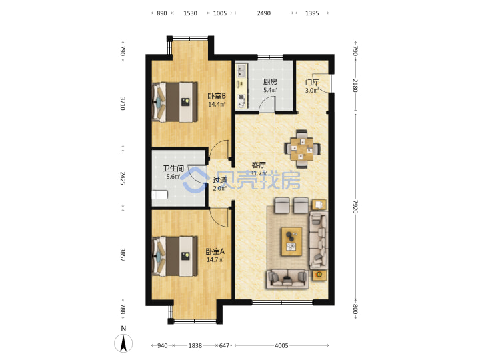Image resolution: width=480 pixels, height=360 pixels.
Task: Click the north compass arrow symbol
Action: pyautogui.click(x=123, y=343)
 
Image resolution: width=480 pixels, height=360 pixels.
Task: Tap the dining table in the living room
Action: pyautogui.click(x=302, y=149)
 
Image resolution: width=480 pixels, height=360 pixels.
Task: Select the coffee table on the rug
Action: pyautogui.click(x=291, y=241)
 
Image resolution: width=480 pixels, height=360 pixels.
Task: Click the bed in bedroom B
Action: pyautogui.click(x=175, y=101)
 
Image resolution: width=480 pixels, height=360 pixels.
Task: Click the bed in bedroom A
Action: pyautogui.click(x=175, y=256)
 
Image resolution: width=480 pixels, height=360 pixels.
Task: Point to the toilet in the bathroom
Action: pyautogui.click(x=160, y=195)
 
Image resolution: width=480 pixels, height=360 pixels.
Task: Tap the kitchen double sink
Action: pyautogui.click(x=241, y=71)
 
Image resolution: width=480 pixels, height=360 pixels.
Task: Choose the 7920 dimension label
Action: pyautogui.click(x=355, y=207)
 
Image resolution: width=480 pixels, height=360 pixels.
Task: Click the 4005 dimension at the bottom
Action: pyautogui.click(x=281, y=345)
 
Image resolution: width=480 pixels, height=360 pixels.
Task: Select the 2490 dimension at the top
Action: pyautogui.click(x=263, y=13)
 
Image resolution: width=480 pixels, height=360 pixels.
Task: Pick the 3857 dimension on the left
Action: pyautogui.click(x=123, y=255)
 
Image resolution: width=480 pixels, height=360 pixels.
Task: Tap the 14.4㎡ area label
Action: pyautogui.click(x=217, y=105)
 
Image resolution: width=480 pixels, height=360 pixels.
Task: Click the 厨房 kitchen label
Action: pyautogui.click(x=270, y=82)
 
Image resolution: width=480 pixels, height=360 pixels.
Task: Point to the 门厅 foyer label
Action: pyautogui.click(x=312, y=82)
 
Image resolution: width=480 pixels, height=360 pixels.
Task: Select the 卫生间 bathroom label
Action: pyautogui.click(x=173, y=169)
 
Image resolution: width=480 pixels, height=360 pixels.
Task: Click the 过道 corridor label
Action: pyautogui.click(x=220, y=180)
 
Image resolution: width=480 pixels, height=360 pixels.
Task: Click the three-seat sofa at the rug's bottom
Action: pyautogui.click(x=287, y=279)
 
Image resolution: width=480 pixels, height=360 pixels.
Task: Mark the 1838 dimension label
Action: pyautogui.click(x=195, y=345)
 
